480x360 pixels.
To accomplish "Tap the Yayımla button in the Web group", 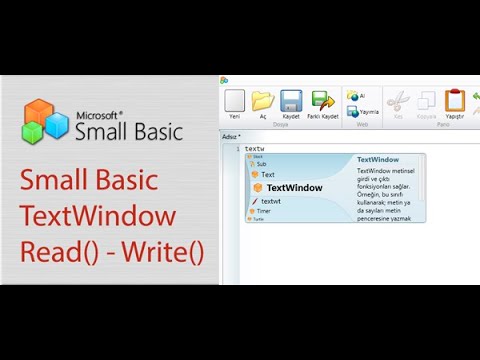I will click(x=354, y=112).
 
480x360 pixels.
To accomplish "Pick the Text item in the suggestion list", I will click(x=268, y=174).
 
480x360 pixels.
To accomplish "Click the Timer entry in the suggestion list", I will click(x=263, y=211).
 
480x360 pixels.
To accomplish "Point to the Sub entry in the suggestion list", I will click(x=261, y=164).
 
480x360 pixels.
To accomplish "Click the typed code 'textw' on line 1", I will click(x=254, y=148).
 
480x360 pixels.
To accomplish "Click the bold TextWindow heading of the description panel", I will click(x=378, y=159).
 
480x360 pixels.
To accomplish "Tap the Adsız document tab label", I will click(x=231, y=136).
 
